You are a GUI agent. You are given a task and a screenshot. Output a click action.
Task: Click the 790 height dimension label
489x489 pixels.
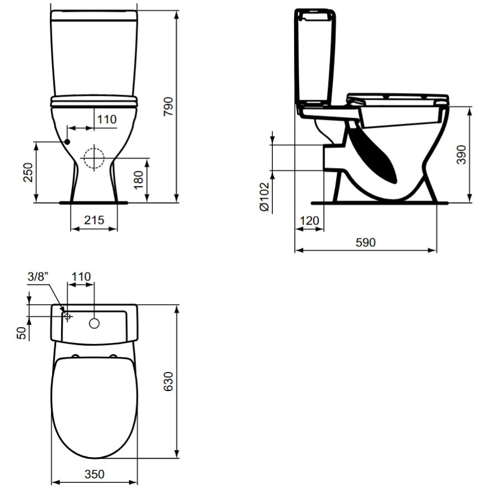[x=169, y=106]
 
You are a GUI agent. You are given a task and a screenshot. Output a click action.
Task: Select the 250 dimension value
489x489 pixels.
[x=28, y=172]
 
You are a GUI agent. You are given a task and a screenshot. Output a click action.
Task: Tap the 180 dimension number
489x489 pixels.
[x=138, y=180]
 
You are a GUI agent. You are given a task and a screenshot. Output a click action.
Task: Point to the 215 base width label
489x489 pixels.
[x=94, y=220]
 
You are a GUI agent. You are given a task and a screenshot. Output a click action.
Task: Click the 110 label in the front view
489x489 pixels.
[x=107, y=119]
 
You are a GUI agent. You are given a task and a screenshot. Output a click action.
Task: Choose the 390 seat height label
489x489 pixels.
[x=461, y=155]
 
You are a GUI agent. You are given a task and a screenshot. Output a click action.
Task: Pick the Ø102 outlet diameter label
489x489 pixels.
[x=264, y=197]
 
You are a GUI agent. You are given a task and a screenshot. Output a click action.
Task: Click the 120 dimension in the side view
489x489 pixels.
[x=309, y=221]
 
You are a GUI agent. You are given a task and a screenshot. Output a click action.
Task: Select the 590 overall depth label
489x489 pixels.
[x=366, y=243]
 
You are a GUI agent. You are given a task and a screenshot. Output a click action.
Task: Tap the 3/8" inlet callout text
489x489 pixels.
[x=38, y=277]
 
